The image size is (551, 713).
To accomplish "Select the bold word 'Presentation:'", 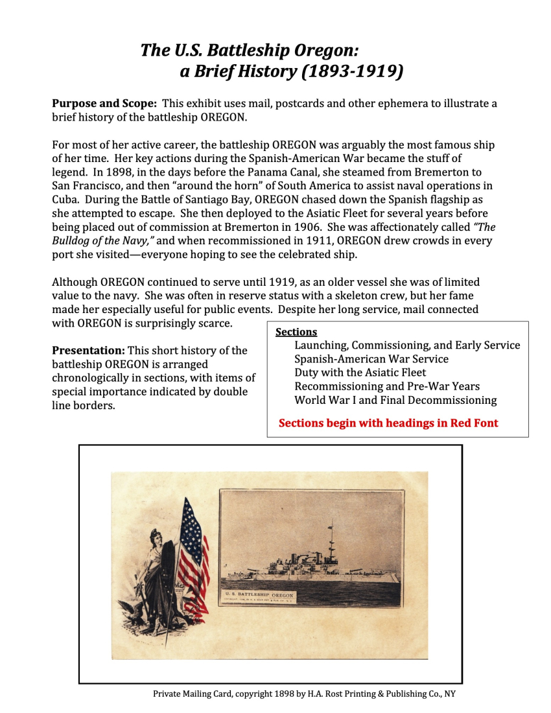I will [88, 351].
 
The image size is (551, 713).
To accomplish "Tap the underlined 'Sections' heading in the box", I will [296, 332].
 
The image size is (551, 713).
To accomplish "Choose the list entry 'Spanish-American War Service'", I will [371, 359].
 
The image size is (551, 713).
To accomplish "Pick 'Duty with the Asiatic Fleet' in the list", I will [360, 373].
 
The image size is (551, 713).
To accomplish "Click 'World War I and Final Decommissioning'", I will [395, 400].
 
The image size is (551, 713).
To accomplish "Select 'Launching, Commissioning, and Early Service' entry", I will [406, 345].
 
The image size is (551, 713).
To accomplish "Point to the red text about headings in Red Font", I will [388, 423].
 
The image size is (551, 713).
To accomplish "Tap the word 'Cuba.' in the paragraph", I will [67, 200].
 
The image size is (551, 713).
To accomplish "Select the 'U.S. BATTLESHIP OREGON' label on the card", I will [259, 594].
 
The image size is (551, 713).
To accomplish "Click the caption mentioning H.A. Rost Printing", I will [304, 694].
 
